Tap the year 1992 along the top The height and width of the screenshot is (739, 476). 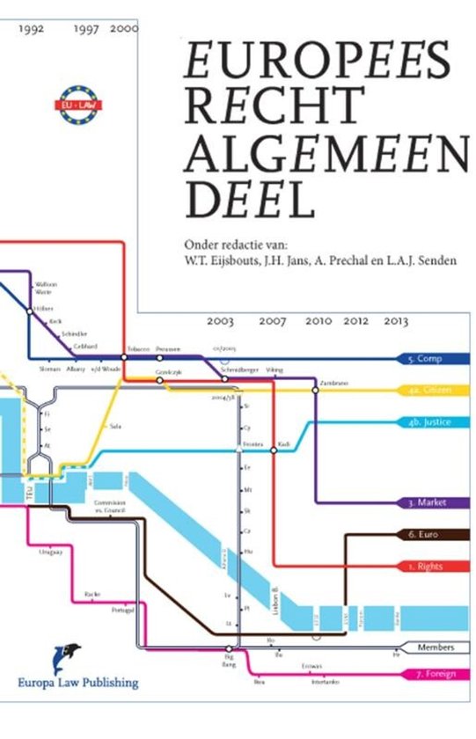(31, 28)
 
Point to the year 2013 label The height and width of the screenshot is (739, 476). (397, 322)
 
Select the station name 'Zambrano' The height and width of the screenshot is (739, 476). (333, 383)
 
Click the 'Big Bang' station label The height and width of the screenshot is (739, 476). (230, 659)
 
